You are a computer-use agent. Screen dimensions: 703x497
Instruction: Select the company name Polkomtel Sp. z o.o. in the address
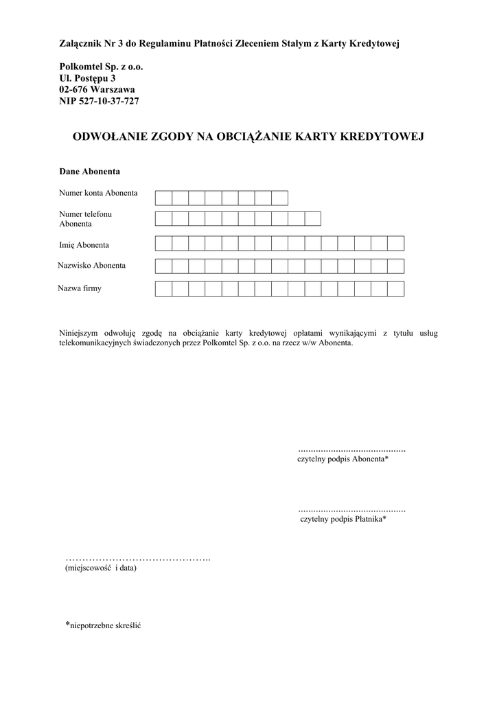[x=102, y=67]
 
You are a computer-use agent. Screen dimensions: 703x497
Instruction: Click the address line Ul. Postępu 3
[x=87, y=78]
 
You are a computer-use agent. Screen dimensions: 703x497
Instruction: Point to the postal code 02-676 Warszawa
[x=97, y=89]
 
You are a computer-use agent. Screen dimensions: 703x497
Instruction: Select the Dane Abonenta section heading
[x=90, y=170]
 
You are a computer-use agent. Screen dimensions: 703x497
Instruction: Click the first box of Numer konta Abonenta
[x=163, y=198]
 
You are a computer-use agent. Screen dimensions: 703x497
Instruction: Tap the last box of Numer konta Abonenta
[x=279, y=198]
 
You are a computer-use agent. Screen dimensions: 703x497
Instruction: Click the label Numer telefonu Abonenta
[x=85, y=219]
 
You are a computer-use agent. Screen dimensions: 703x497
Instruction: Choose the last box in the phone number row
[x=313, y=219]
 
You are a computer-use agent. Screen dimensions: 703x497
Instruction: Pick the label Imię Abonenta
[x=84, y=244]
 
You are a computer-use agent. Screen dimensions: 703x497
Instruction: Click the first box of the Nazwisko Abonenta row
[x=163, y=266]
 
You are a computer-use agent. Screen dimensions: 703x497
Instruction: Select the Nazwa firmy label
[x=80, y=288]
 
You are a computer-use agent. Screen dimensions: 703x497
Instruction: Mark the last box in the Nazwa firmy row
[x=396, y=288]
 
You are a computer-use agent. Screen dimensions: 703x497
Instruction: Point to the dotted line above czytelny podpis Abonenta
[x=352, y=450]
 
